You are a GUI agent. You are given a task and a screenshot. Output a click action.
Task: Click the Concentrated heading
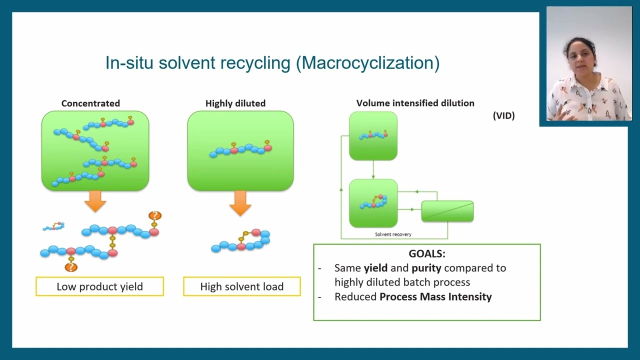coord(90,103)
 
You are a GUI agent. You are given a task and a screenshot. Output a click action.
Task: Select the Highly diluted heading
coord(235,103)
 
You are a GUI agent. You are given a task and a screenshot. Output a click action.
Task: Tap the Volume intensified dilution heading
coord(415,103)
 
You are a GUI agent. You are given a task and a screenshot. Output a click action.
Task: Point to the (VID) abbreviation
coord(503,115)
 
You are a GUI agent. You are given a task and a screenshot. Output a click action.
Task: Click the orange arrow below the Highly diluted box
coord(240,203)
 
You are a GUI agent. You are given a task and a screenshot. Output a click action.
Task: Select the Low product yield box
coord(99,286)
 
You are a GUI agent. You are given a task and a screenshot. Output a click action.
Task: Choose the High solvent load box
coord(241,286)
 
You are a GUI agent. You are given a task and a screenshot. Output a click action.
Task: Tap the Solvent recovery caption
coord(393,234)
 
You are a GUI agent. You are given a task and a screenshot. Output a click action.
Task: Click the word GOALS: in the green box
coord(426,253)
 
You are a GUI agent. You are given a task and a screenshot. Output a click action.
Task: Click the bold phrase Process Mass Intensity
coord(435,297)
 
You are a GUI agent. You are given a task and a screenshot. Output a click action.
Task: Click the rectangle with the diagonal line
coord(447,211)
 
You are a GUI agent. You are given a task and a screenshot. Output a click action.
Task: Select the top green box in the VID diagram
coord(373,136)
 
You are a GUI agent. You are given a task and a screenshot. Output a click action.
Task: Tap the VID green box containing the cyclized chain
coord(373,203)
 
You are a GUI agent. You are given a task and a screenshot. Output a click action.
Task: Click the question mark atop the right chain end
coord(155,216)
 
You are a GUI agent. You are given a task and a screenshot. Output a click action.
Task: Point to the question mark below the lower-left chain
coord(71,267)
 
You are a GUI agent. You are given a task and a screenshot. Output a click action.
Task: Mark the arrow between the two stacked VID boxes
coord(373,169)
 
